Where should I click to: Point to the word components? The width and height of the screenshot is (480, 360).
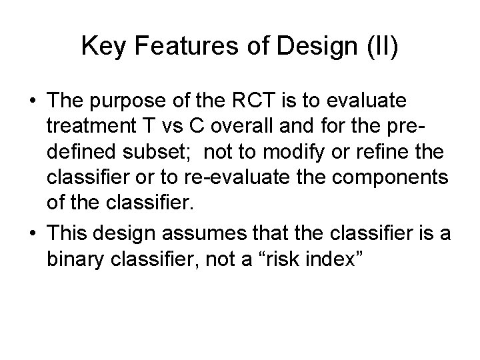pos(367,179)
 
